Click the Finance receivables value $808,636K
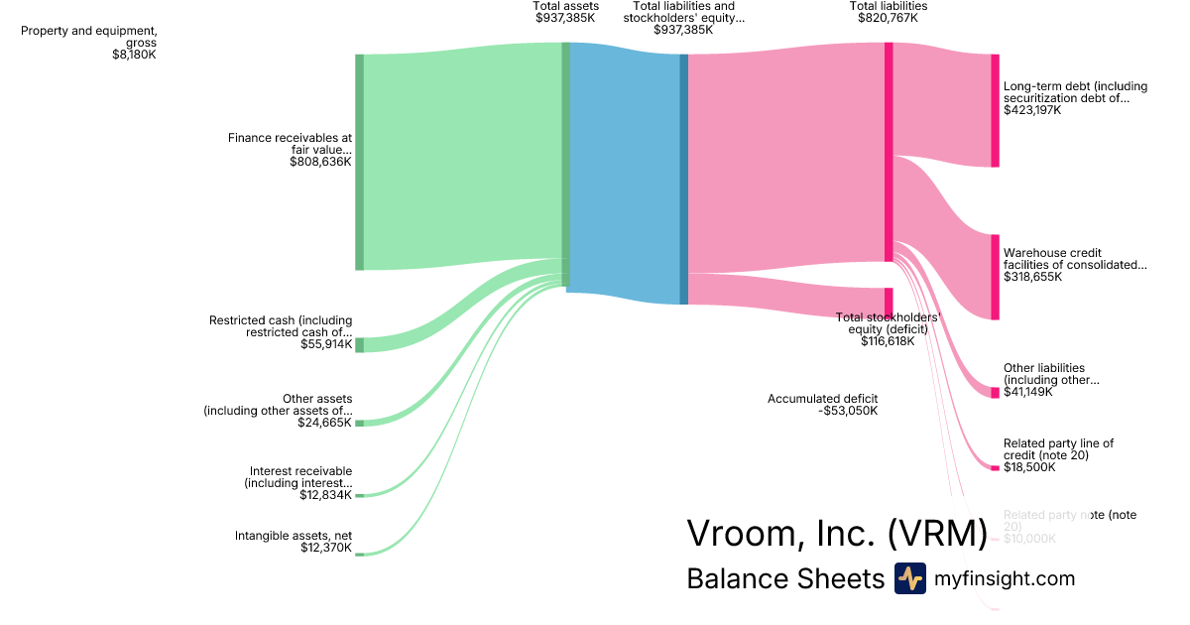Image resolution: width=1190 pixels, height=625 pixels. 320,161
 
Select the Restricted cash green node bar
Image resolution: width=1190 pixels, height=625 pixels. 360,344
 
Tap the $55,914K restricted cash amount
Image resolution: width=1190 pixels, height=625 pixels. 326,344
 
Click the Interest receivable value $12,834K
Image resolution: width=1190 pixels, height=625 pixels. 325,495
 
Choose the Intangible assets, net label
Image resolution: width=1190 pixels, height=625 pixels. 294,536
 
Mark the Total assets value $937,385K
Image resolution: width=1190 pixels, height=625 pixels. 566,18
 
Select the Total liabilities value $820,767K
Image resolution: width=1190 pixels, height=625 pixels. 889,18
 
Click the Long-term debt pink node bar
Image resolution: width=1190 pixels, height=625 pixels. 995,110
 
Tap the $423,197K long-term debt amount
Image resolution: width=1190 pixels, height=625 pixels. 1032,110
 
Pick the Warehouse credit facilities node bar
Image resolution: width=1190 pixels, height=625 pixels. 995,277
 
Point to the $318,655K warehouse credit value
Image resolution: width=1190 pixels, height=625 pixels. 1032,277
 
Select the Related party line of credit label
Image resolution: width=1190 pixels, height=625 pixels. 1058,448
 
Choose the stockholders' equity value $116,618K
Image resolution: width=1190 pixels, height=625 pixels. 888,341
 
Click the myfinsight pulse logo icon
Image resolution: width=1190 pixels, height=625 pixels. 909,578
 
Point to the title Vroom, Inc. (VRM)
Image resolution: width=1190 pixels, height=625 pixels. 836,534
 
